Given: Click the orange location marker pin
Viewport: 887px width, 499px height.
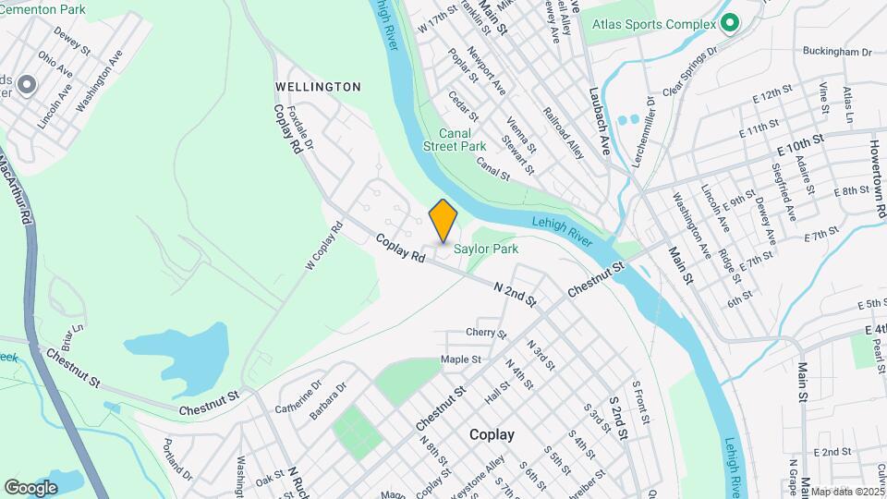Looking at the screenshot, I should click(x=443, y=220).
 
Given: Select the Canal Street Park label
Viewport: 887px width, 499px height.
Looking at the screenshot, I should click(x=455, y=140).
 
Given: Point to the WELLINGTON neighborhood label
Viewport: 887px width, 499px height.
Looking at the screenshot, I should click(x=318, y=87).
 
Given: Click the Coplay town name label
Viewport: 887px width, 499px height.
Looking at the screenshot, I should click(x=492, y=434).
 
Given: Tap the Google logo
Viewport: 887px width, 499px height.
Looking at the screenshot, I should click(x=31, y=487).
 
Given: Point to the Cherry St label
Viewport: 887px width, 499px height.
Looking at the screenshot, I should click(x=487, y=333).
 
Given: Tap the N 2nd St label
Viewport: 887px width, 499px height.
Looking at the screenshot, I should click(x=515, y=294).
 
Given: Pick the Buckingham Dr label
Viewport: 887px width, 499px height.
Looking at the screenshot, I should click(x=837, y=53).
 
